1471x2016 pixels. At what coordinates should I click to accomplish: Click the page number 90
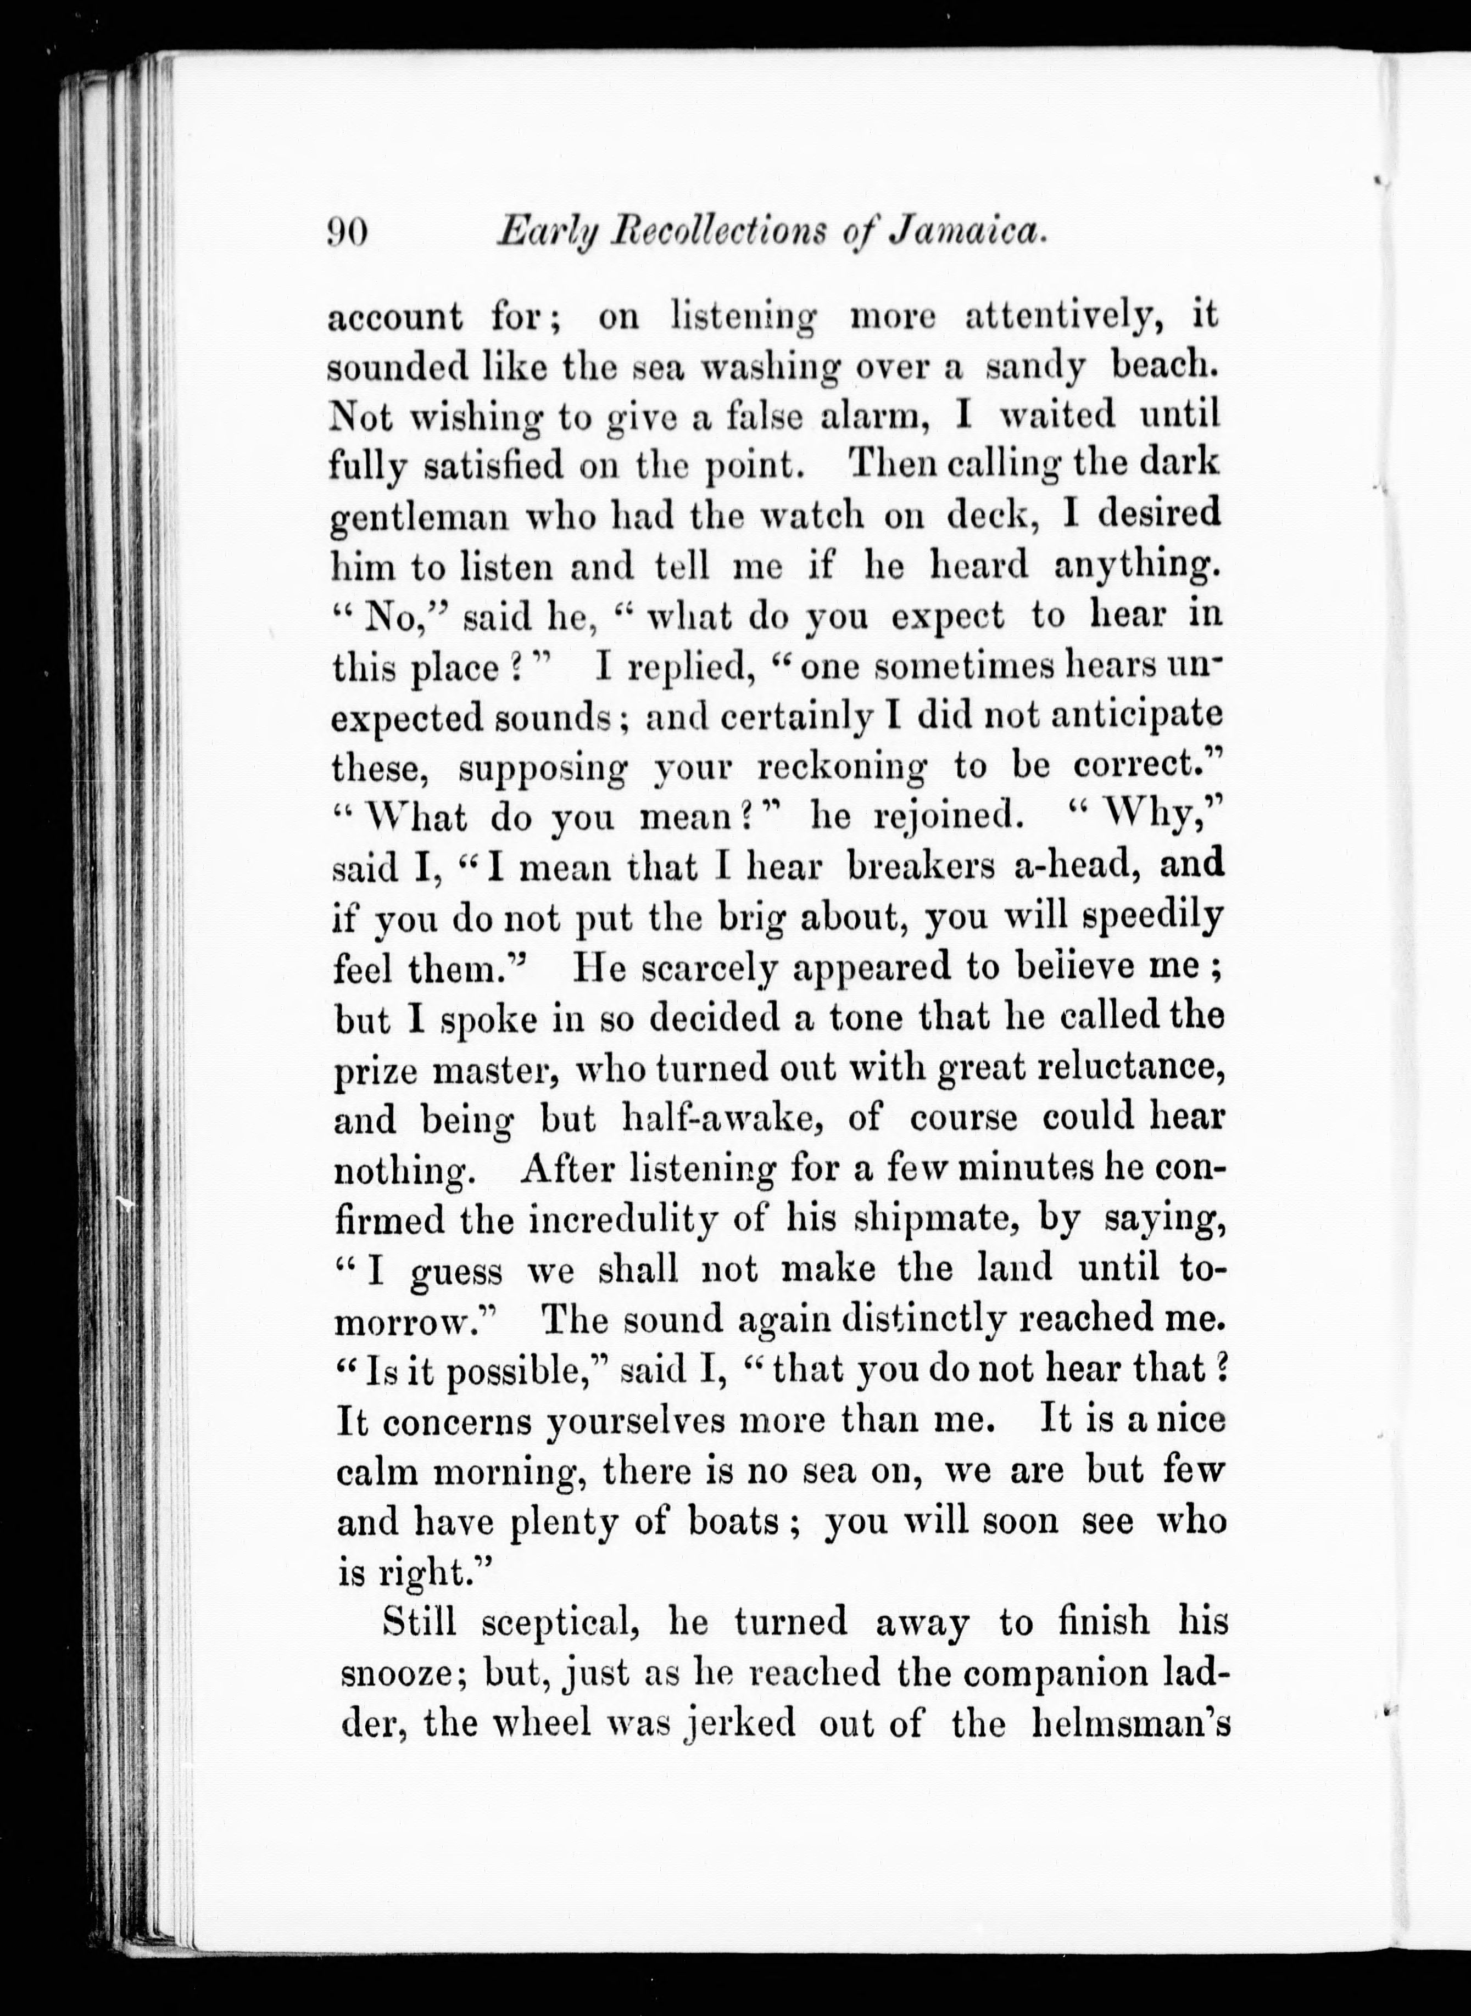[x=349, y=233]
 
